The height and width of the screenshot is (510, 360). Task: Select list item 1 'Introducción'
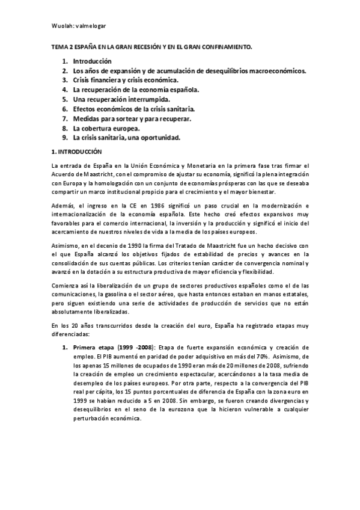93,61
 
